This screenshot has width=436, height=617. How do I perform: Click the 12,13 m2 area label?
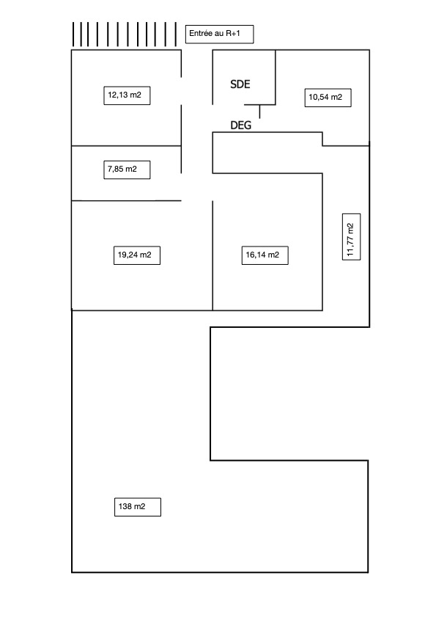coord(127,95)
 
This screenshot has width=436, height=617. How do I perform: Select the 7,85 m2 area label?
coord(127,169)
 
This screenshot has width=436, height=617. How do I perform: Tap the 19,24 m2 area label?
coord(137,255)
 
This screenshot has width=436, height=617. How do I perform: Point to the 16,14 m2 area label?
coord(265,255)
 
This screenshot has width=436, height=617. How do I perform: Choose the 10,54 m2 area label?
coord(328,98)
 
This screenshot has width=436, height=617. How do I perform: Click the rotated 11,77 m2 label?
coord(351,237)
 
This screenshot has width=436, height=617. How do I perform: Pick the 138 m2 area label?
coord(138,507)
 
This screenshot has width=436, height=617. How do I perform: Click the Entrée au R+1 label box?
coord(219,34)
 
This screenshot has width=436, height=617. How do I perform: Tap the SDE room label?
coord(240,84)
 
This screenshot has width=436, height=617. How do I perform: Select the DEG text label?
coord(240,125)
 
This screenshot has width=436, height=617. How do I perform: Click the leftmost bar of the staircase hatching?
coord(73,34)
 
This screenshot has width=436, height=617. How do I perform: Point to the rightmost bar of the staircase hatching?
coord(176,34)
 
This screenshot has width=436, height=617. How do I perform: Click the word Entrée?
coord(201,34)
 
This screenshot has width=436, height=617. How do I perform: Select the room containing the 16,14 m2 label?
coord(267,242)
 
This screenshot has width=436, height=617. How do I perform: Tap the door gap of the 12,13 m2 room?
coord(181,91)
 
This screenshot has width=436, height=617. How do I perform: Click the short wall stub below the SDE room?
coord(259,112)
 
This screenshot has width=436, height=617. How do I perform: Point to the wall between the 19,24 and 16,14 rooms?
coord(213,256)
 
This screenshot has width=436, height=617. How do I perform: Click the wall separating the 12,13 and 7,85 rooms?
coord(126,146)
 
